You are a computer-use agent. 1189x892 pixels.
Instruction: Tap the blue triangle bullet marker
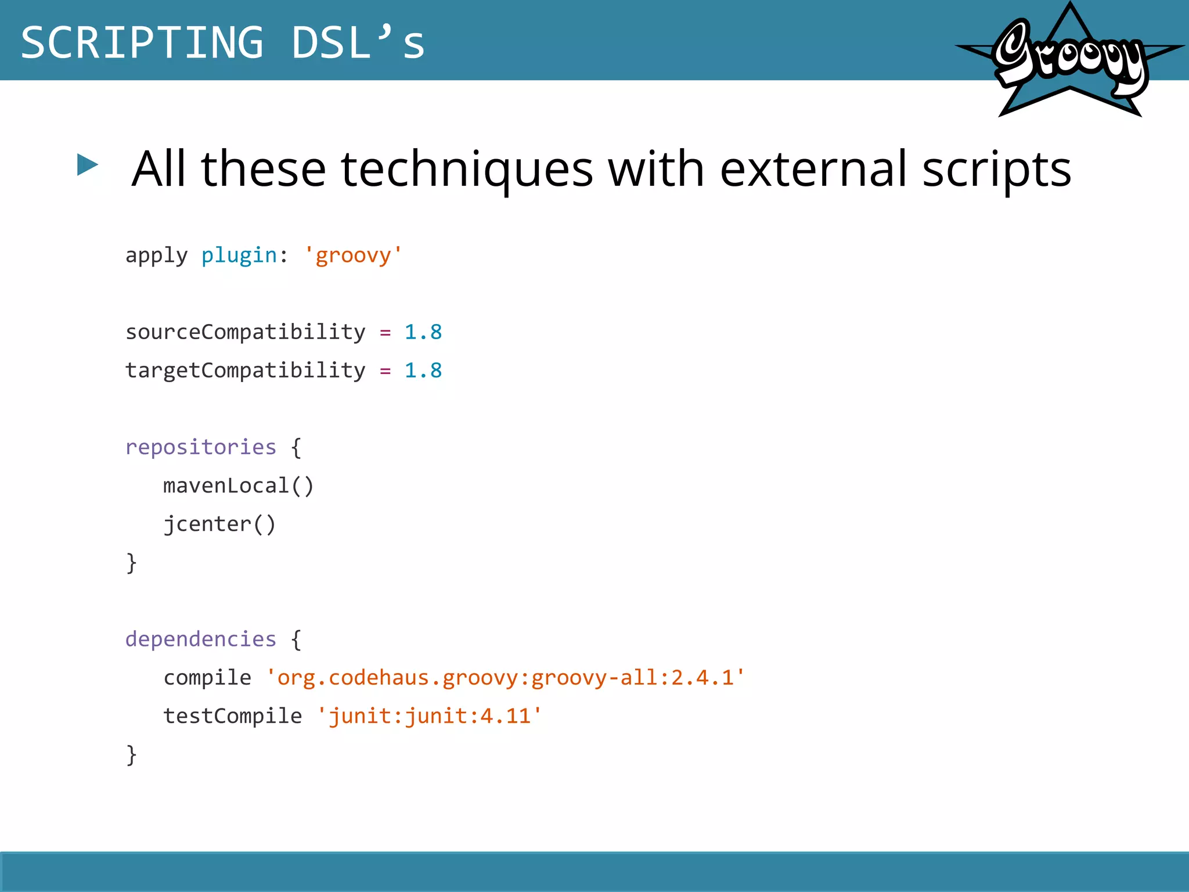point(87,165)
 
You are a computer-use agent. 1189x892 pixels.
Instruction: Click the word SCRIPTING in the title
point(142,43)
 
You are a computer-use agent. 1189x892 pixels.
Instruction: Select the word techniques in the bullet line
point(467,170)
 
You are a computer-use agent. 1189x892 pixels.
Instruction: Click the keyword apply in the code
point(156,256)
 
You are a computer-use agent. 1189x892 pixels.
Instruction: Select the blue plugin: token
point(244,256)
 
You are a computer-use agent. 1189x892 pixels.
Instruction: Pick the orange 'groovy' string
point(353,256)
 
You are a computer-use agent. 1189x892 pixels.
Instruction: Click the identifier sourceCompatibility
point(246,333)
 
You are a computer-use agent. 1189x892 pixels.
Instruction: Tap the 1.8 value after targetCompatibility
point(423,371)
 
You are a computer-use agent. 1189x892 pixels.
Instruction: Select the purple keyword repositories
point(201,448)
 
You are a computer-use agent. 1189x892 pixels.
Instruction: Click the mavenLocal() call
point(238,486)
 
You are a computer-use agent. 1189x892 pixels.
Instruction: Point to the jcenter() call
point(219,524)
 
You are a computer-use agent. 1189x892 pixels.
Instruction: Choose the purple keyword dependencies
point(201,639)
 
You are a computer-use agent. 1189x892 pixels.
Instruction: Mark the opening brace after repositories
point(296,448)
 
